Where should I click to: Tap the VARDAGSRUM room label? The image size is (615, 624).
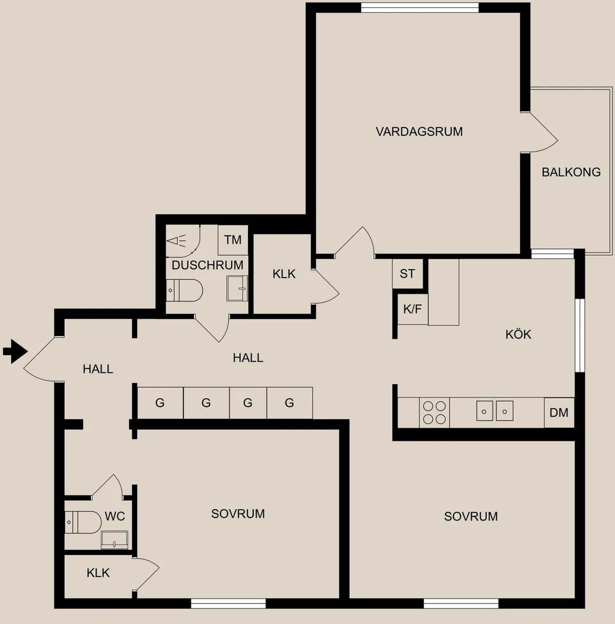419,132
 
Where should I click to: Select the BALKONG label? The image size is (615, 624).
571,172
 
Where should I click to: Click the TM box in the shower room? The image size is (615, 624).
233,240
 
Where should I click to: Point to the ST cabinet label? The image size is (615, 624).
407,274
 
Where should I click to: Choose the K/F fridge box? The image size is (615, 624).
413,309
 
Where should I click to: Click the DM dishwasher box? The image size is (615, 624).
559,412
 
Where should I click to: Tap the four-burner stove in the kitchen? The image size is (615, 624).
435,412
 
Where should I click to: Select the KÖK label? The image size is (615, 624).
519,334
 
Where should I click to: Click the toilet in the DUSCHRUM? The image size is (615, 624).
184,290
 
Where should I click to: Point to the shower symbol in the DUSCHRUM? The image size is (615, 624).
176,241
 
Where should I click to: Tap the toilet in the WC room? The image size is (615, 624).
83,522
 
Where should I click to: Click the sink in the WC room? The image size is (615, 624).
114,540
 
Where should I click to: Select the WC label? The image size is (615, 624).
115,516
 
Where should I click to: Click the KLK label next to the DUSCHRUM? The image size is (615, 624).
284,274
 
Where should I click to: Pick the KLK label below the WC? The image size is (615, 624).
98,573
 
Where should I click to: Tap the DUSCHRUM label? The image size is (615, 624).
208,265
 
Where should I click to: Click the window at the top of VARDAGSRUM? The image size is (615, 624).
420,8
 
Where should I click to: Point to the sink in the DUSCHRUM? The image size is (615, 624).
237,288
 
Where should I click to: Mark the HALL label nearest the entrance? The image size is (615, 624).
98,369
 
